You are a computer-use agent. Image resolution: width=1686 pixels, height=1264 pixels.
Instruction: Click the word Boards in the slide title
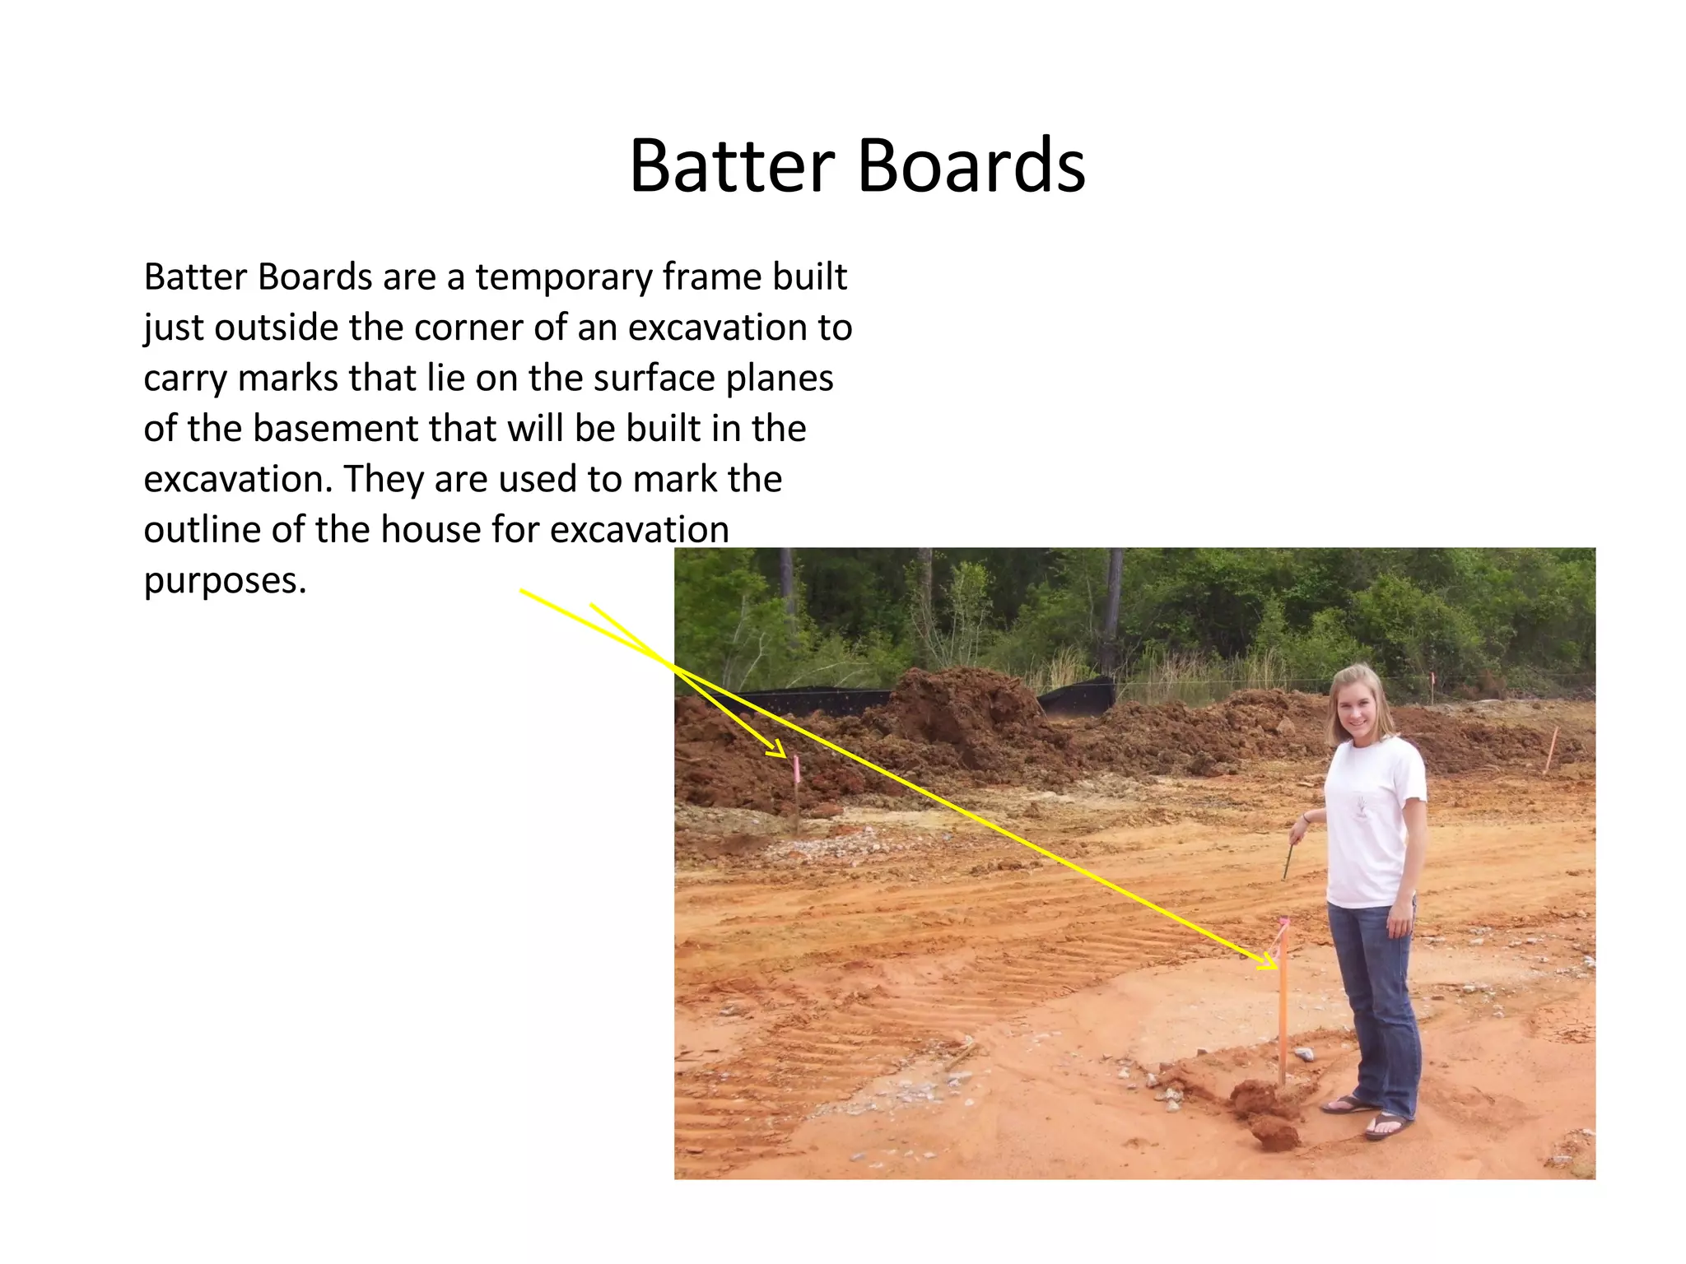(x=971, y=166)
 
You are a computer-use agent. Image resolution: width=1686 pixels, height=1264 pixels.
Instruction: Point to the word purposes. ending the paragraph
(x=225, y=581)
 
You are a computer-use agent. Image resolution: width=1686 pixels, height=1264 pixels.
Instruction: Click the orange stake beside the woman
(x=1283, y=1012)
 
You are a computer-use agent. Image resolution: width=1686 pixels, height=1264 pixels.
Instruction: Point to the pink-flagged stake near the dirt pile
(x=796, y=790)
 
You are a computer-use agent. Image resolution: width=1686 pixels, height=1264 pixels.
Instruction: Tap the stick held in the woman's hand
(x=1289, y=861)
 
